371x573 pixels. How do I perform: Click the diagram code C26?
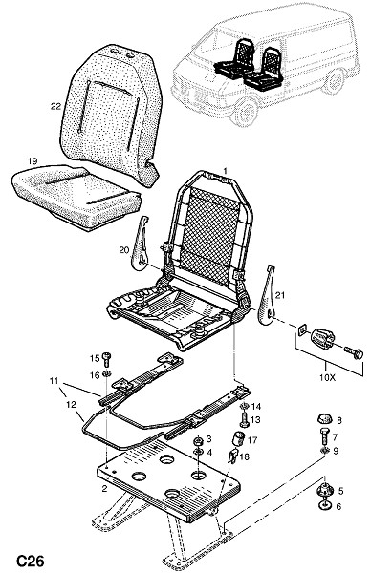[30, 561]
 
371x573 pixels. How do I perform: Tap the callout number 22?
[55, 106]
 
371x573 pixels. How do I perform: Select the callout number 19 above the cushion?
[33, 160]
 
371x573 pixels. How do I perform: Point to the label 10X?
[327, 378]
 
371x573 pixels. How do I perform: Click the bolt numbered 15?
[107, 359]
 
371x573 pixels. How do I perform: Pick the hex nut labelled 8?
[324, 419]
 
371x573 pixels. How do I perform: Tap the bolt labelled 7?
[325, 435]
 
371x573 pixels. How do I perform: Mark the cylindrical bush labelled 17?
[239, 438]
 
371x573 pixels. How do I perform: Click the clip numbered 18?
[232, 456]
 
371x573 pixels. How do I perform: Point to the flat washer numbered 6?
[324, 505]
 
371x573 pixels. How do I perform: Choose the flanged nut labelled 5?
[324, 490]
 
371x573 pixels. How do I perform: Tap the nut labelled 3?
[198, 440]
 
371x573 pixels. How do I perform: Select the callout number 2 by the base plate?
[104, 489]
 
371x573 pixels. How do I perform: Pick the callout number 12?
[71, 404]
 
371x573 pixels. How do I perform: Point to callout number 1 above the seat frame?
[226, 171]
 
